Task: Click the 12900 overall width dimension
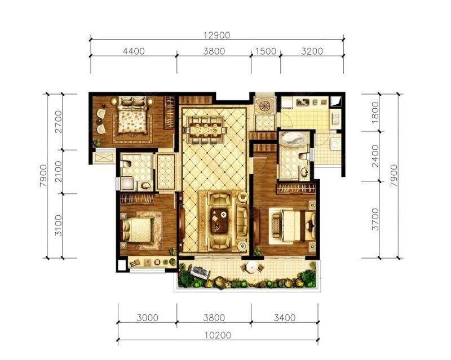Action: click(x=217, y=35)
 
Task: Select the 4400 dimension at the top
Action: click(x=134, y=51)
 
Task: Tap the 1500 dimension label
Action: click(x=266, y=51)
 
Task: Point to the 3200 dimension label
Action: click(x=312, y=51)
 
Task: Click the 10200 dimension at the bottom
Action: click(x=218, y=336)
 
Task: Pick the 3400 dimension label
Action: click(x=285, y=318)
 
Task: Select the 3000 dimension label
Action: click(x=147, y=318)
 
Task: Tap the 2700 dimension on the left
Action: click(x=59, y=122)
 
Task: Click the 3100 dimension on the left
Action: click(x=59, y=225)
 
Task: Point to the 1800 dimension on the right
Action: click(x=375, y=113)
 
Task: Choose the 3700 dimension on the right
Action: click(x=375, y=219)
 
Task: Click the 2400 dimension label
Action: click(x=375, y=156)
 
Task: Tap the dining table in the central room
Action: click(x=206, y=130)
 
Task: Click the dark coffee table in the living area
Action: click(x=219, y=220)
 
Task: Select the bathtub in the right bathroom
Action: click(x=293, y=141)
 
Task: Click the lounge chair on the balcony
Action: click(x=198, y=272)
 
